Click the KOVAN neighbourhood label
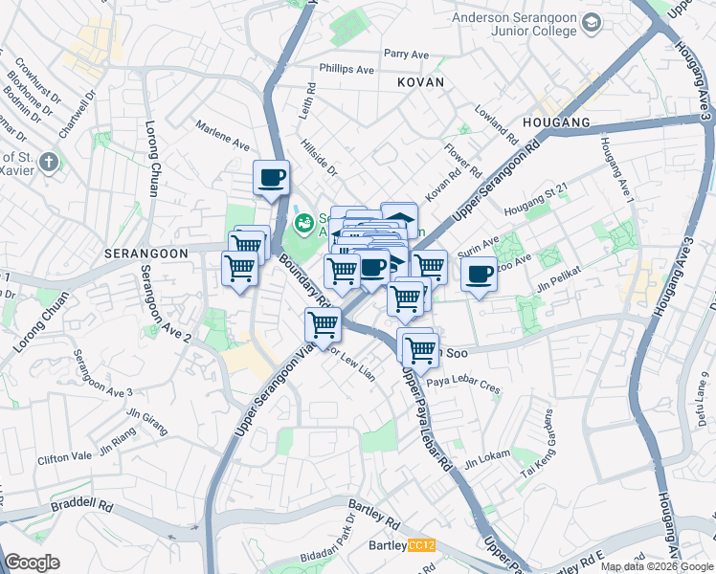coord(421,83)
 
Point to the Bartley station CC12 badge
coord(421,545)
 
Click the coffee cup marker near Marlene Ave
coord(272,177)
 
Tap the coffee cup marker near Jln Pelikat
coord(480,275)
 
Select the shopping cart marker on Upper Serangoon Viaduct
coord(324,325)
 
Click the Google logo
coord(32,563)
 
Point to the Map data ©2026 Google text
coord(657,566)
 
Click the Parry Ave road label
coord(404,55)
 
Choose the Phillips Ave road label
coord(347,70)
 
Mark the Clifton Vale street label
coord(66,459)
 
